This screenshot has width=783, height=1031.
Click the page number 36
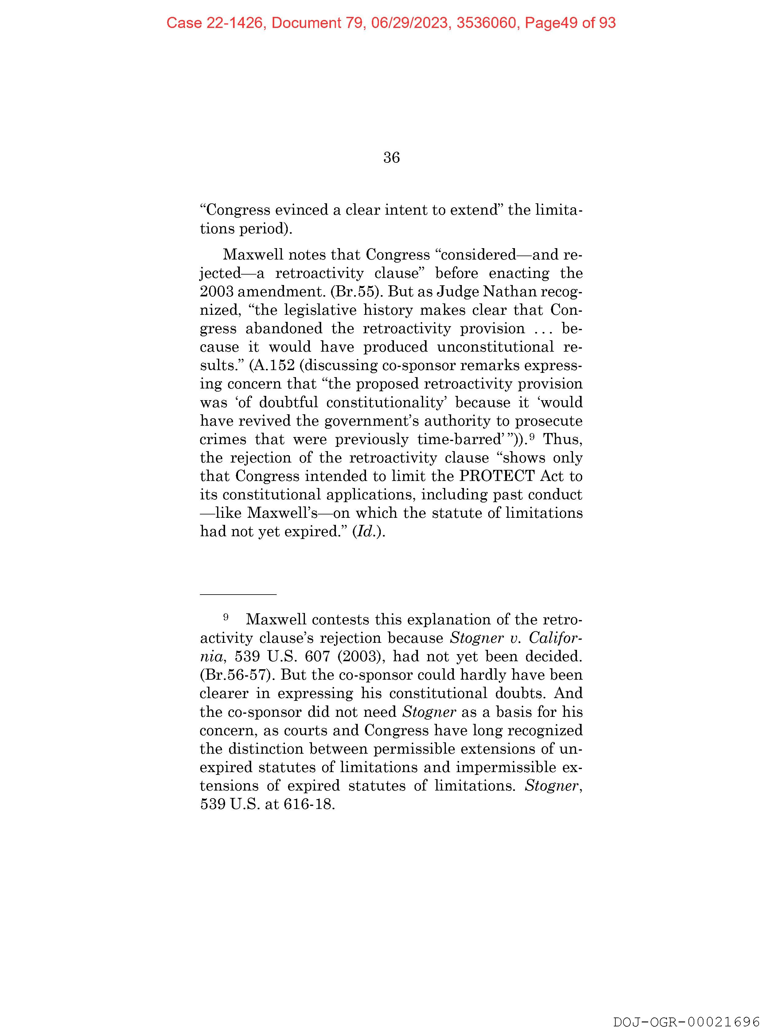pos(391,158)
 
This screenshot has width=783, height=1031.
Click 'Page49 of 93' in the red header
pos(570,23)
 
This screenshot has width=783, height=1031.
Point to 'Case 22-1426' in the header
pos(215,23)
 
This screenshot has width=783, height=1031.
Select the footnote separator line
pos(238,594)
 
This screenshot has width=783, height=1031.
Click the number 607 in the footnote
pos(317,656)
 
